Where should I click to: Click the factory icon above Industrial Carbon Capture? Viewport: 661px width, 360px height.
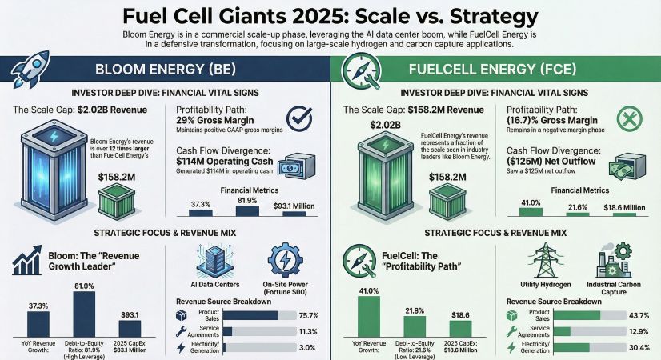pos(615,262)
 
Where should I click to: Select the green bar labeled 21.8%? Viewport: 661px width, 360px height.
pos(414,326)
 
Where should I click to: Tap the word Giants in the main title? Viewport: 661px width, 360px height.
pos(262,16)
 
